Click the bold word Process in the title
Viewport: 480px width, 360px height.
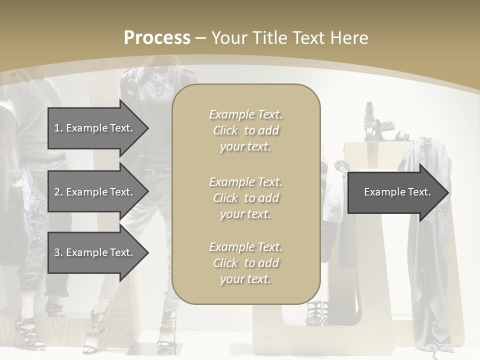157,38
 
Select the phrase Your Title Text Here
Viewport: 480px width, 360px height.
289,38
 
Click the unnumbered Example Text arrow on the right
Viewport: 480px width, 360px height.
397,192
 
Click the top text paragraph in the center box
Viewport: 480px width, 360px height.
245,130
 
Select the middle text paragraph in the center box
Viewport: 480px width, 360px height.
245,198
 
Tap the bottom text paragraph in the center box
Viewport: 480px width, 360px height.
245,263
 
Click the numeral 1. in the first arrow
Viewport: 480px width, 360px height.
58,128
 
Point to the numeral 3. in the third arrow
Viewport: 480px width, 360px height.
58,252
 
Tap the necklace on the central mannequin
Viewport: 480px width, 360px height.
159,87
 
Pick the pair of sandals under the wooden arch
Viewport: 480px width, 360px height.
318,313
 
